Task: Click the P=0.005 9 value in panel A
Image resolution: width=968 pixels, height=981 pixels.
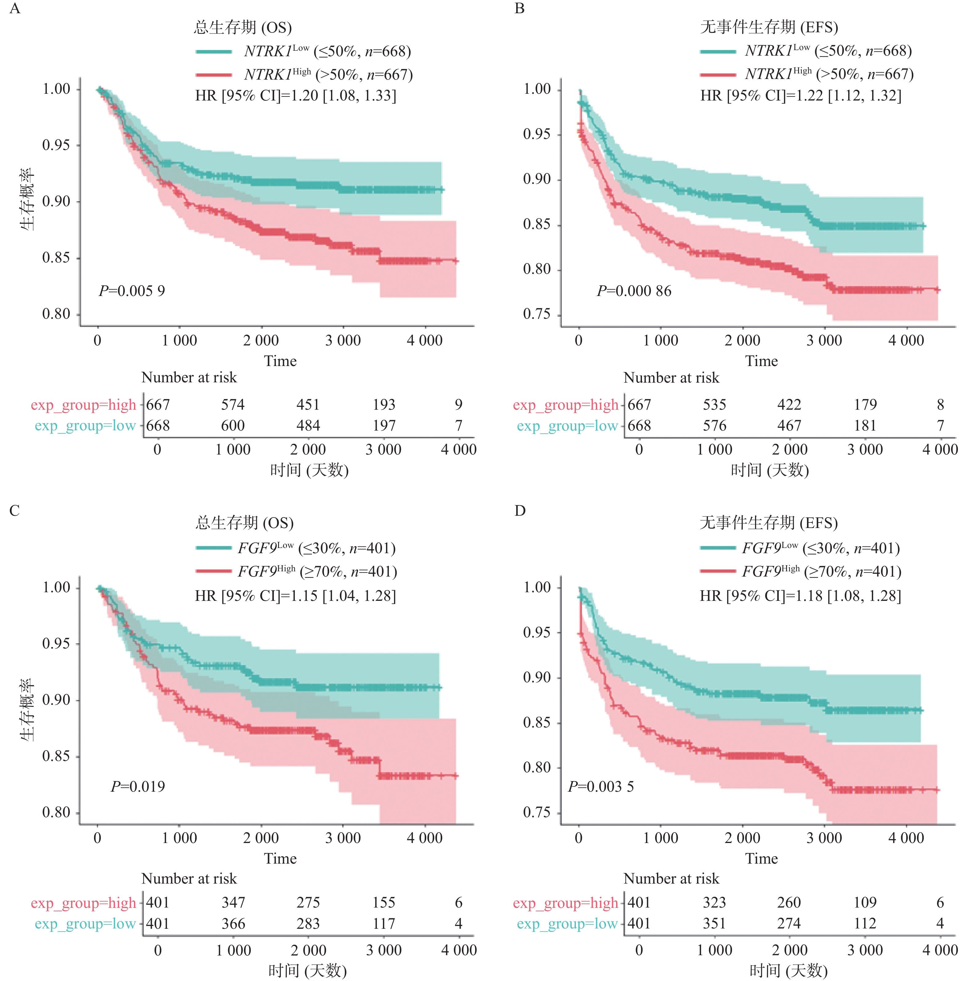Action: click(132, 291)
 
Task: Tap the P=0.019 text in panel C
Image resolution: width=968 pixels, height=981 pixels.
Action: click(138, 786)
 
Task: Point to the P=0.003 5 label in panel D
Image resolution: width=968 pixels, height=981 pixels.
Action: click(600, 786)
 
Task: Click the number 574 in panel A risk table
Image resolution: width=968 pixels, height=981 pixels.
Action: click(233, 405)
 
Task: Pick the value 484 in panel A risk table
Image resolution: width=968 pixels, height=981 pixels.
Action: click(308, 426)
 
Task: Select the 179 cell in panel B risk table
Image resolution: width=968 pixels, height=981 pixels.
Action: click(865, 405)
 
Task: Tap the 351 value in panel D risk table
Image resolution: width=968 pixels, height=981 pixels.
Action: click(714, 923)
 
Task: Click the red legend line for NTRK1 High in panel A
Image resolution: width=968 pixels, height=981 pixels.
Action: click(214, 75)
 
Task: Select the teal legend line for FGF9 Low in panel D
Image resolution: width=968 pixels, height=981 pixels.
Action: click(718, 548)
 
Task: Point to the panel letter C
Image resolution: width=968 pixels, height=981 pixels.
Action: click(15, 510)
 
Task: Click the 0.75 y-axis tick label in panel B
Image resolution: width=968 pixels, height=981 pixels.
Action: click(537, 314)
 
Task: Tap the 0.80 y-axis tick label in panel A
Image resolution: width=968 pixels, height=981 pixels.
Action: click(56, 314)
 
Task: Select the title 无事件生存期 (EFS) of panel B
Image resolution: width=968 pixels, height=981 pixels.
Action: click(769, 27)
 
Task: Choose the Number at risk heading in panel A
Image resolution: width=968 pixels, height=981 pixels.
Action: click(189, 377)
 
